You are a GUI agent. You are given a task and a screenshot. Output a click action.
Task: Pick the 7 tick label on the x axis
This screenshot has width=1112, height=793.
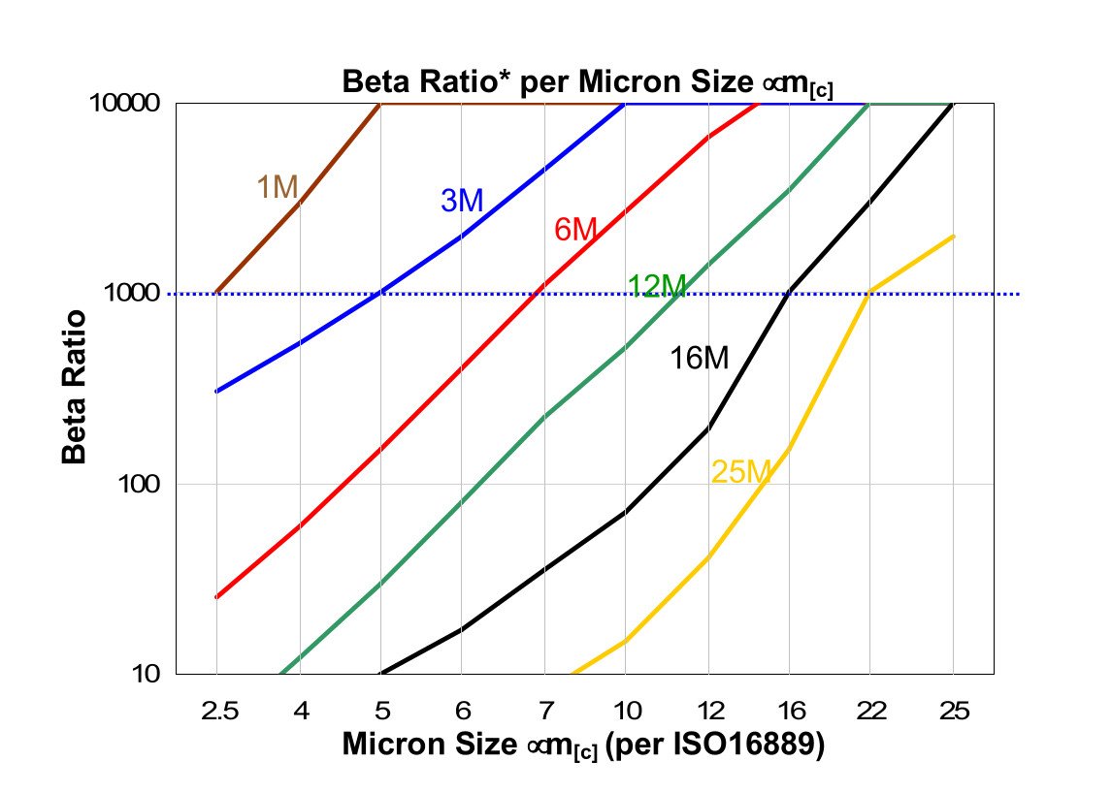(x=543, y=711)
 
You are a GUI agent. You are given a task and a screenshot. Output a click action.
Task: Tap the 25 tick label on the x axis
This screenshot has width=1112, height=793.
(x=953, y=711)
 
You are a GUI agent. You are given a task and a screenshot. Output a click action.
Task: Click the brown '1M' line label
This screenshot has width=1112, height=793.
(x=277, y=186)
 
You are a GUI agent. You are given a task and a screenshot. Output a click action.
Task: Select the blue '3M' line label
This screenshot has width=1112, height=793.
(x=462, y=201)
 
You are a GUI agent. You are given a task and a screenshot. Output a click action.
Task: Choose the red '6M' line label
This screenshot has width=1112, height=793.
(x=575, y=230)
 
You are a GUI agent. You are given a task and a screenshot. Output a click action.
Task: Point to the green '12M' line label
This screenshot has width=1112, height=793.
(x=657, y=286)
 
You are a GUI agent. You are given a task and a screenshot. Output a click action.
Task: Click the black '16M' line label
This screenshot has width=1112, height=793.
(x=699, y=359)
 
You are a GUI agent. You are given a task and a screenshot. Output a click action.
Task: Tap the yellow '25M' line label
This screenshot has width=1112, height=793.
(x=741, y=472)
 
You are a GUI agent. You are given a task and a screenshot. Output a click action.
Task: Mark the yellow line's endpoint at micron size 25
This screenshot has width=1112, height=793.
(x=953, y=237)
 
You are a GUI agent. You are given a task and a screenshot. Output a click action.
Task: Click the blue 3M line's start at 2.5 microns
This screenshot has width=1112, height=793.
(x=216, y=392)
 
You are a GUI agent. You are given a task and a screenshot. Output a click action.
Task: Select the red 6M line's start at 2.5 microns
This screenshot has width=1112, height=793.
(x=216, y=597)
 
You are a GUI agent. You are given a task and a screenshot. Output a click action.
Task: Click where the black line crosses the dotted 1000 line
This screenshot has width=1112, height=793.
(x=790, y=294)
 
